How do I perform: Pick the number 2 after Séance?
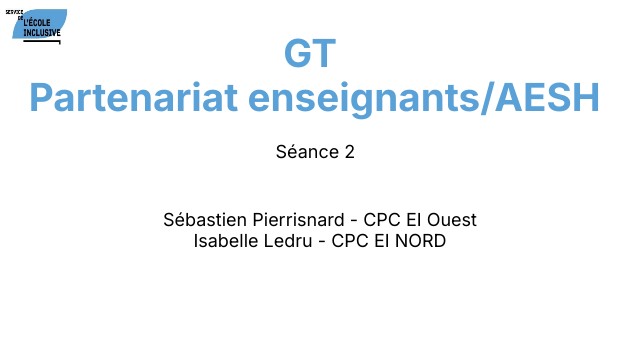pyautogui.click(x=350, y=153)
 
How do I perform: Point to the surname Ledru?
pyautogui.click(x=290, y=241)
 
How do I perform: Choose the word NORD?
pyautogui.click(x=419, y=241)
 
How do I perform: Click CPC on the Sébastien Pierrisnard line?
pyautogui.click(x=383, y=220)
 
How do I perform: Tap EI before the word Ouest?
pyautogui.click(x=419, y=220)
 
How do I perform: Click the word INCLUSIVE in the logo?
pyautogui.click(x=41, y=32)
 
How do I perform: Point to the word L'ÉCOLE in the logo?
pyautogui.click(x=41, y=22)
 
